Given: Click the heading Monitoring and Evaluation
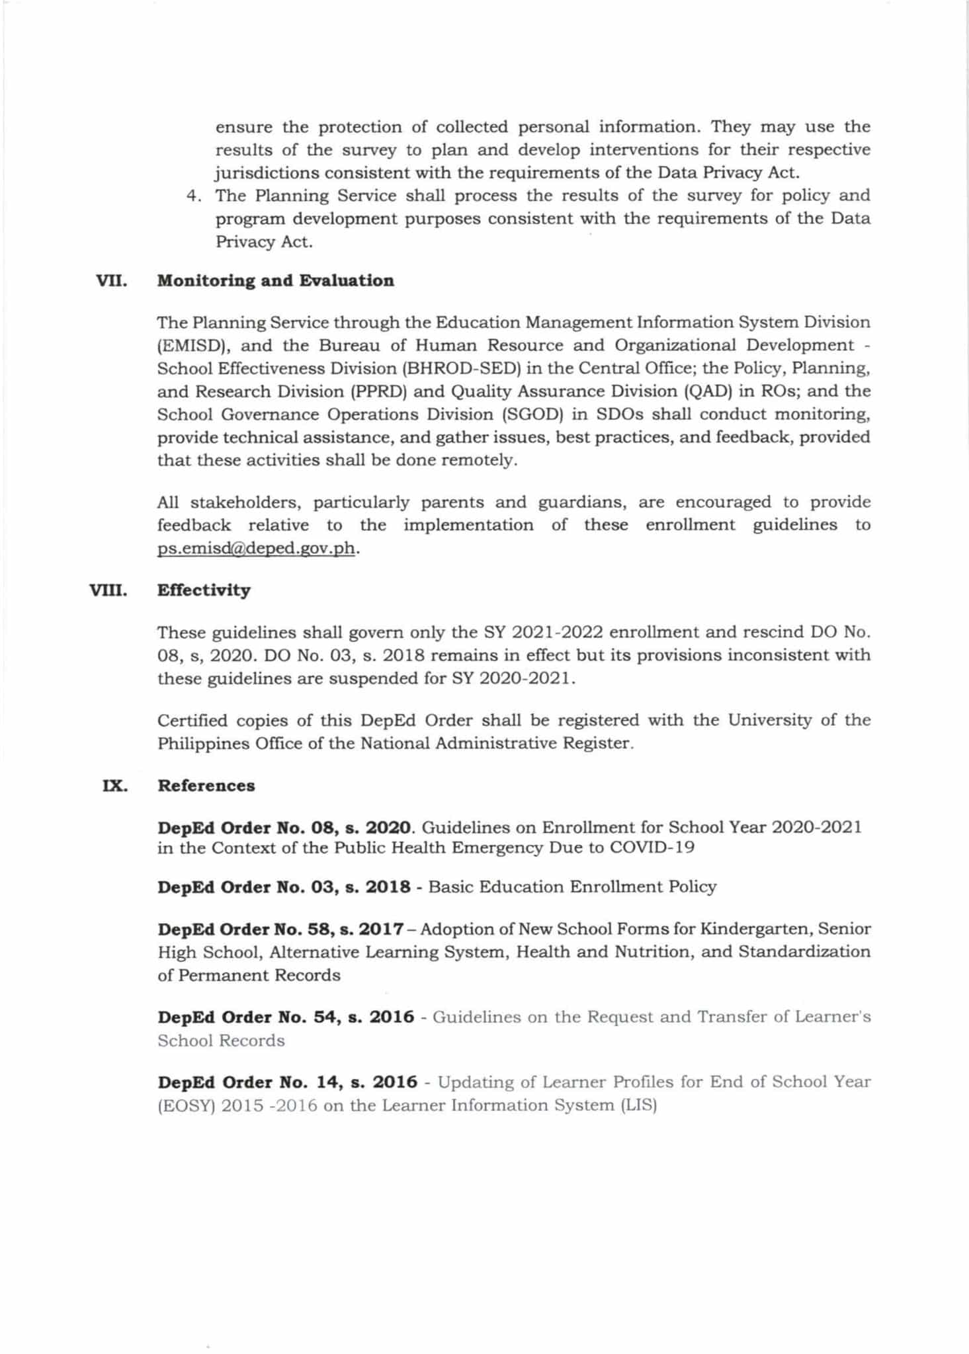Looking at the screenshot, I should (275, 281).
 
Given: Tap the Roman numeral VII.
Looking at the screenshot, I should (111, 281).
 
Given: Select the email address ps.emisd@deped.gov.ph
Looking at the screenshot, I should (257, 549).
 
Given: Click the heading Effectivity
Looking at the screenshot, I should (204, 590).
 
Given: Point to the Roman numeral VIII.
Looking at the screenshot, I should (108, 590).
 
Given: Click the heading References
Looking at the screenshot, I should (206, 786).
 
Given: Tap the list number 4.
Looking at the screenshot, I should (192, 196).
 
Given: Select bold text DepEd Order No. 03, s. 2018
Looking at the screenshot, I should (284, 887).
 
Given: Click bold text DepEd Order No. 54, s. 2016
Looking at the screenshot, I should (286, 1017).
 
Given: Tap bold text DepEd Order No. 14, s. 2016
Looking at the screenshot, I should (287, 1083).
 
